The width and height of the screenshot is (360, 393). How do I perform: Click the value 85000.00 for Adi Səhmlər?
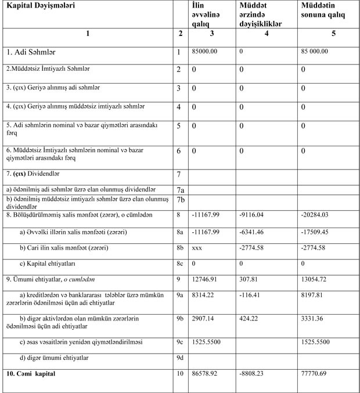point(204,51)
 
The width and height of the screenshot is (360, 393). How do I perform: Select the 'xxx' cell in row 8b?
point(197,248)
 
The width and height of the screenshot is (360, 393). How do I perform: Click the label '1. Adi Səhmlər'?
point(27,52)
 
